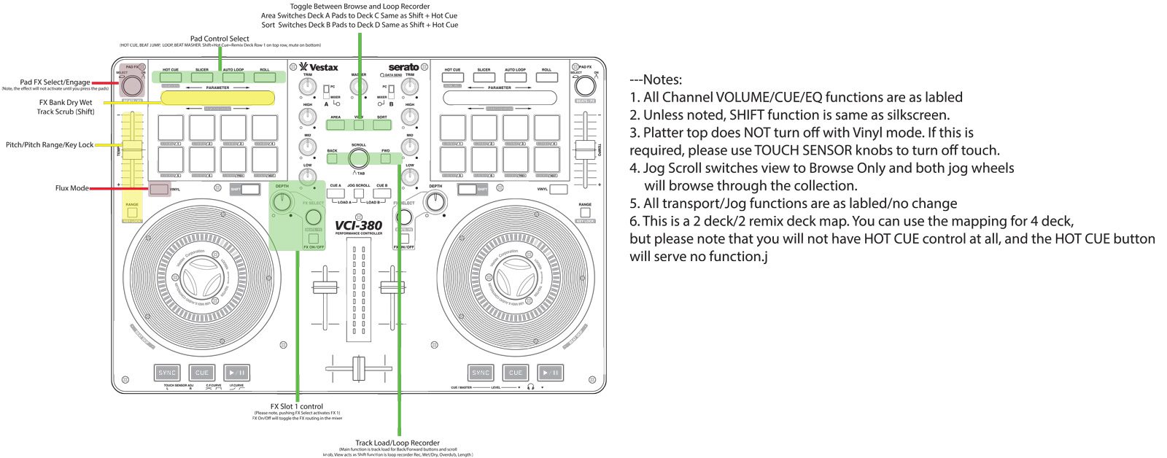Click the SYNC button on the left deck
[167, 373]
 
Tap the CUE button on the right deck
[516, 373]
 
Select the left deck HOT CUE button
[171, 77]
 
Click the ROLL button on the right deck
[546, 77]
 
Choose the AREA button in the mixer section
[336, 125]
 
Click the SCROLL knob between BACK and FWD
[359, 158]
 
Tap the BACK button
[333, 158]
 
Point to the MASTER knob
[359, 87]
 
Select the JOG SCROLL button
[359, 193]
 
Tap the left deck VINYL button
[158, 190]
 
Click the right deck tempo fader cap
[585, 150]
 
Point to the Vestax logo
[319, 67]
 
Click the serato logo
[403, 67]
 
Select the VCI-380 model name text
[358, 225]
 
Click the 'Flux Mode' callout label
[72, 188]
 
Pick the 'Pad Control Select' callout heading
[220, 39]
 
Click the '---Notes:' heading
[656, 79]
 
